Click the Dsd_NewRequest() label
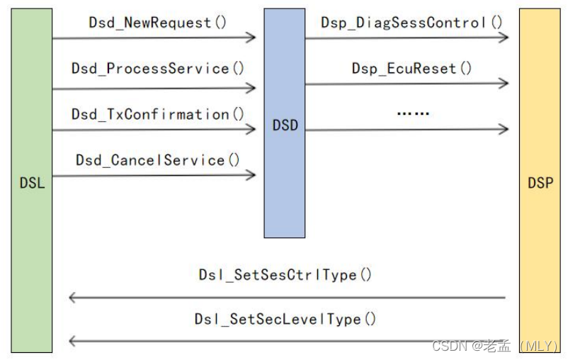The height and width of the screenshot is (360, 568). pos(157,23)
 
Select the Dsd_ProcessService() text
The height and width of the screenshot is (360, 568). pos(157,69)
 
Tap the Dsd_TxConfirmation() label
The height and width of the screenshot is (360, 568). pos(157,114)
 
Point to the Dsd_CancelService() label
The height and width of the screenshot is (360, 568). pos(157,160)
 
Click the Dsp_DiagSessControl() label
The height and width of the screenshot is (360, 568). pos(411,22)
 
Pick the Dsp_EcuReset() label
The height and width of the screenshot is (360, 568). pos(411,69)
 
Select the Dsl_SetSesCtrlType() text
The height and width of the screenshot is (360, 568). pos(285,275)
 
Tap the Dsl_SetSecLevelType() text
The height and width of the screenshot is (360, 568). pos(285,320)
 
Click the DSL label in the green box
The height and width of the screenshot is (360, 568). pos(32,183)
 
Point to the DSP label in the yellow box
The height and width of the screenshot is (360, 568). pos(540,183)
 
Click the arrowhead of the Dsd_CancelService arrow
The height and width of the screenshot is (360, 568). pos(251,174)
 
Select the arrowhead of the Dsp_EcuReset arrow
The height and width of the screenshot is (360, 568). pos(504,84)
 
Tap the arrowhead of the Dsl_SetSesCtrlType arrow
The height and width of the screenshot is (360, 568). pos(72,298)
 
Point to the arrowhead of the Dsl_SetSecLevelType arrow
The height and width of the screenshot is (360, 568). pos(72,342)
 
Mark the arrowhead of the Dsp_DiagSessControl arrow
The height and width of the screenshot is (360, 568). pos(504,37)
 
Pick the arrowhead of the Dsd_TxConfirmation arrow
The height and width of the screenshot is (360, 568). pos(251,129)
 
